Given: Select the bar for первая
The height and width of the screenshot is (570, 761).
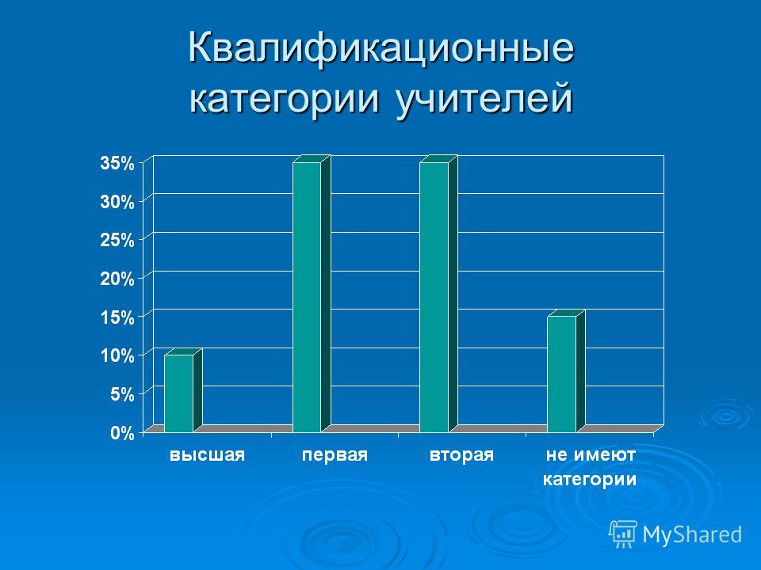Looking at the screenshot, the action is point(311,294).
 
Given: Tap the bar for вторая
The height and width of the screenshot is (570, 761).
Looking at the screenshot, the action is point(438,294).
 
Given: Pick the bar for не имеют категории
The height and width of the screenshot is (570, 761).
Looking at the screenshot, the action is point(566,371).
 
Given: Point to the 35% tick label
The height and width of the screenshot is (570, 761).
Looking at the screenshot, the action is point(117,163).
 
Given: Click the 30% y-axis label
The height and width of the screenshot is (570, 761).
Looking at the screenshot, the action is point(117,202).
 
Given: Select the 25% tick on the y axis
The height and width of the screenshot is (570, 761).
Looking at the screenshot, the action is point(117,240).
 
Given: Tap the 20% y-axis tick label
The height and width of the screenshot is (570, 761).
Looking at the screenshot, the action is point(117,279).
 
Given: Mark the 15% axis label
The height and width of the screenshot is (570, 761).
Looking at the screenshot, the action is point(117,317).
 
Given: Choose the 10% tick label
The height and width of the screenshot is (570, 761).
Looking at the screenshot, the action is point(117,355).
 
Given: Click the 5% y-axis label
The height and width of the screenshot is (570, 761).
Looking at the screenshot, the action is point(122,394).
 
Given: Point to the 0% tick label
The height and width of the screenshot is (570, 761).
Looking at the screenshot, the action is point(122,433).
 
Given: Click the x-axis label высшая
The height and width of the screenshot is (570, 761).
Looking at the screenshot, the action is point(207,455).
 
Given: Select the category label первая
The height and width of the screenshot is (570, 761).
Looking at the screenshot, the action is point(335,456).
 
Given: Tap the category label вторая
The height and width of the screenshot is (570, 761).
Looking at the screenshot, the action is point(461,456).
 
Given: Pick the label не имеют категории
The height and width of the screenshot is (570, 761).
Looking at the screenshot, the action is point(590,467).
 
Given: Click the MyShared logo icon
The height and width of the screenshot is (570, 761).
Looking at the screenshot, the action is point(623,534).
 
